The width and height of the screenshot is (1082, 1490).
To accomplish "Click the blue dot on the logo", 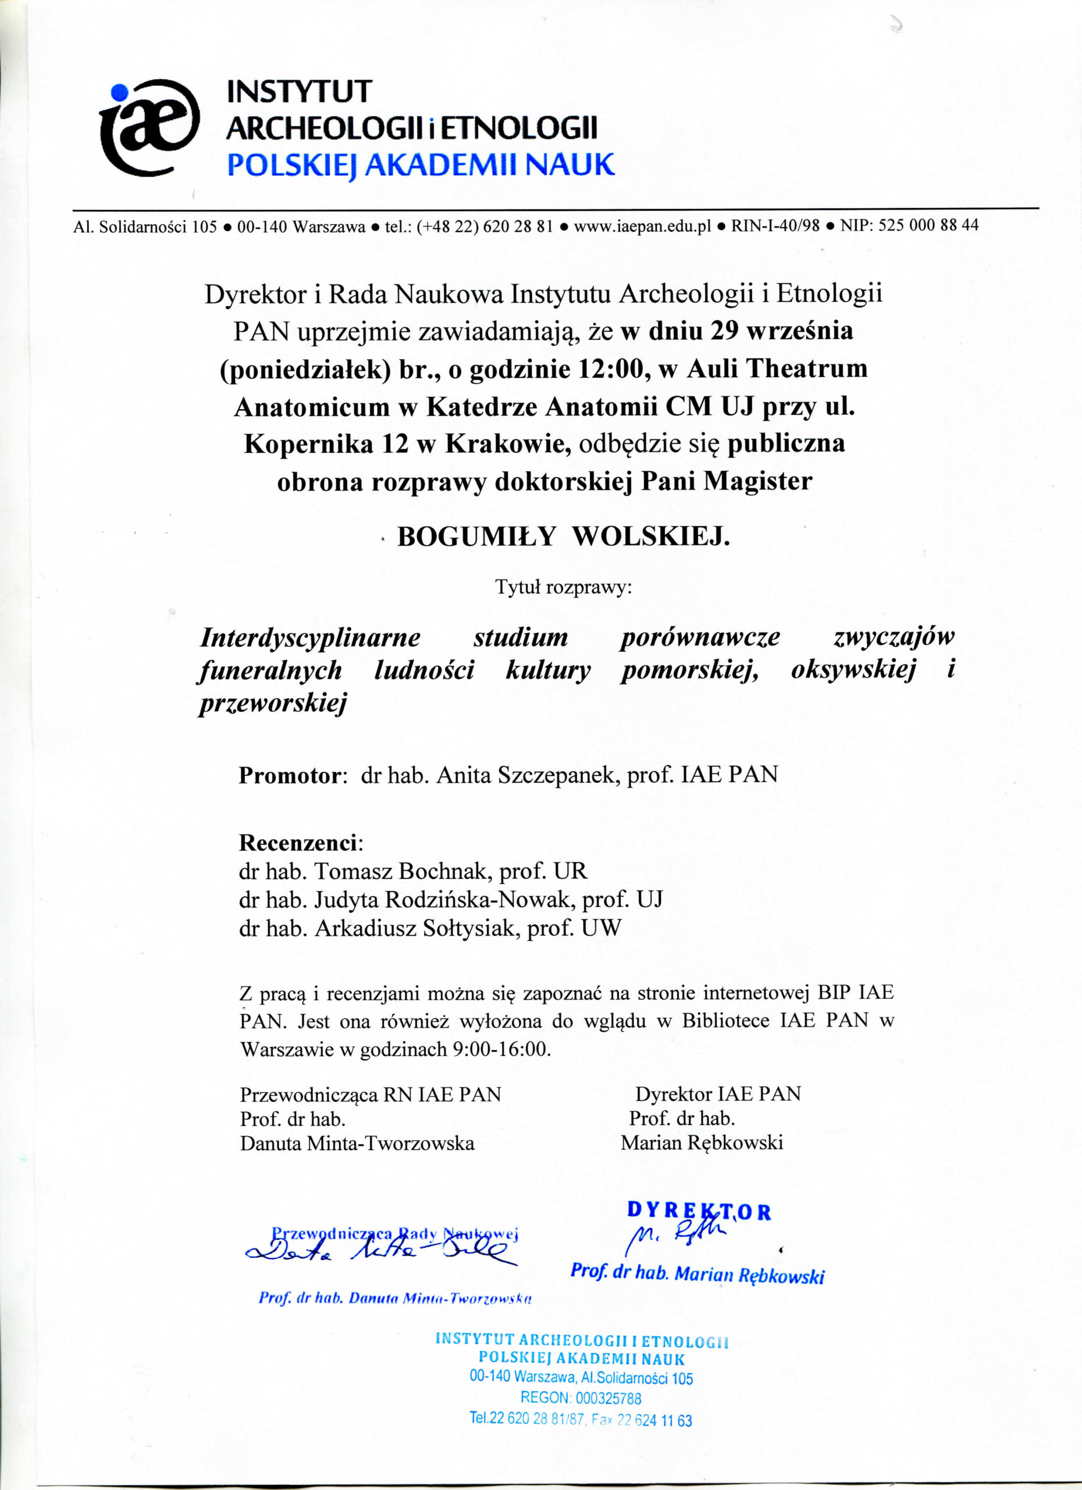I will click(x=119, y=93).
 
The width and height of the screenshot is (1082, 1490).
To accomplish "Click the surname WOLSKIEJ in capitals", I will click(x=652, y=537).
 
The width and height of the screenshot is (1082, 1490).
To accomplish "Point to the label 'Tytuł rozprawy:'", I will click(x=563, y=587).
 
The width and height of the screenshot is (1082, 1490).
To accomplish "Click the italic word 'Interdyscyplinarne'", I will click(x=311, y=637).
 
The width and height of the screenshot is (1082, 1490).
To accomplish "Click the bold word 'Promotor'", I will click(x=290, y=775).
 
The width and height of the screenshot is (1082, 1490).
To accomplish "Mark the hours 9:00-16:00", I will click(x=500, y=1049).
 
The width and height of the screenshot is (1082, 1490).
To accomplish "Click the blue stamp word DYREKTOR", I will click(x=699, y=1211).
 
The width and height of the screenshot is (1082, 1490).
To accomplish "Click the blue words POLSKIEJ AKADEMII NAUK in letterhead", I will click(x=420, y=164).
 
